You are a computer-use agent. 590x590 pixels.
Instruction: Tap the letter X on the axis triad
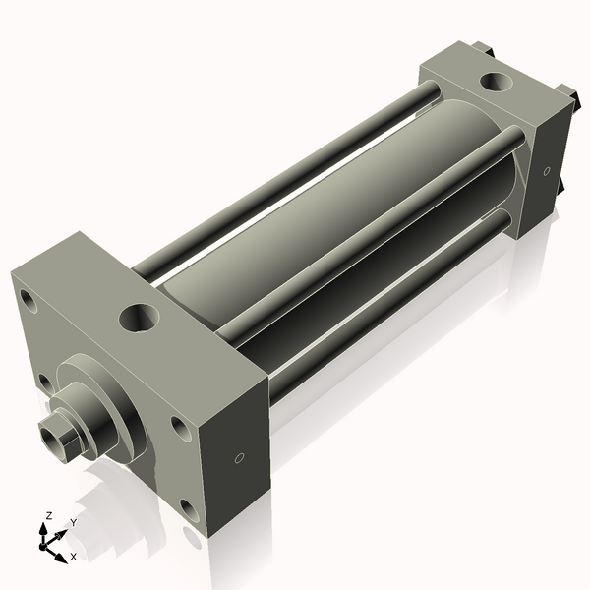(74, 557)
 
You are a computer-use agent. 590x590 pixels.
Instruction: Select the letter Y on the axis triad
(73, 523)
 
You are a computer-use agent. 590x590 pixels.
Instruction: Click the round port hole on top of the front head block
(136, 317)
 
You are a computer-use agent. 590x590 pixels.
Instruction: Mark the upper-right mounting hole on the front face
(178, 425)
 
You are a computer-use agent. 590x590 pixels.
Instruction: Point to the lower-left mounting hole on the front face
(43, 381)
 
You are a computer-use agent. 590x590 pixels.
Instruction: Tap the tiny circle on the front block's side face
(239, 458)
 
